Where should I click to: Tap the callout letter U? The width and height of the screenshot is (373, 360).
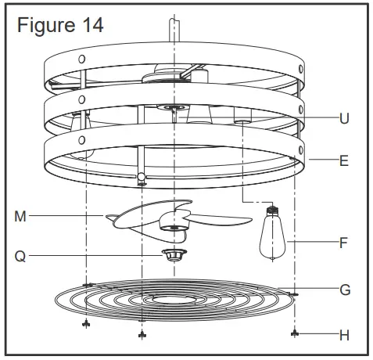(343, 119)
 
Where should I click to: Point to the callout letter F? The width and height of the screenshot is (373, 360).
(343, 243)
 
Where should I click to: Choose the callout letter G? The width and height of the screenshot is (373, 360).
(343, 289)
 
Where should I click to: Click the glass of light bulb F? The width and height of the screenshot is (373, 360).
(272, 236)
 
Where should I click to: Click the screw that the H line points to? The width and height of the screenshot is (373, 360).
(294, 333)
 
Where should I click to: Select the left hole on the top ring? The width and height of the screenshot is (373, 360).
(82, 59)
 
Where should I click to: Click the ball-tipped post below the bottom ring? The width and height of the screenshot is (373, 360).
(141, 178)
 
